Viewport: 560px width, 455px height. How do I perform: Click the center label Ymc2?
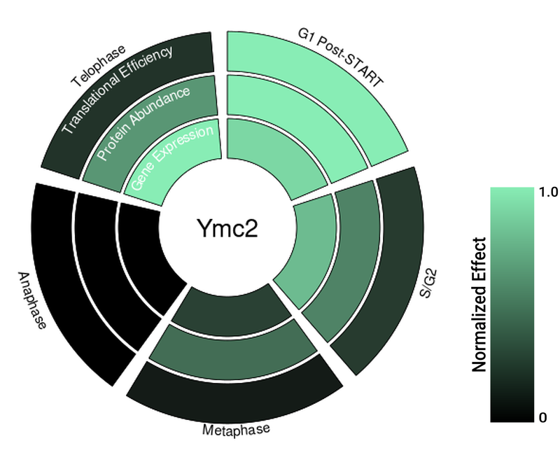pyautogui.click(x=226, y=229)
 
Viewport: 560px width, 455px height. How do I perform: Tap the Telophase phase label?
pyautogui.click(x=99, y=66)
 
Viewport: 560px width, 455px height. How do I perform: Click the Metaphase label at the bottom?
pyautogui.click(x=235, y=429)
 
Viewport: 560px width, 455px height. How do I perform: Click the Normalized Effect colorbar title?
pyautogui.click(x=479, y=304)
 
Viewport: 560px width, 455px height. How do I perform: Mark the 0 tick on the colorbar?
pyautogui.click(x=542, y=418)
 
